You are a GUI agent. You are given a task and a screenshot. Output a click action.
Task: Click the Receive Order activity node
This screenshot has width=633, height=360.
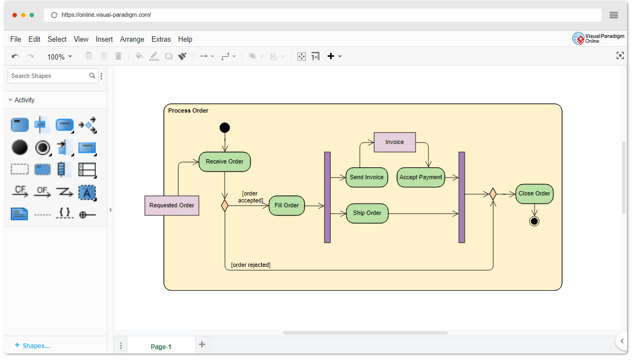tap(225, 162)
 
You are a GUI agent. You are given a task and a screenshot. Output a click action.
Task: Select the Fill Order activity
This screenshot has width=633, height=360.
tap(287, 205)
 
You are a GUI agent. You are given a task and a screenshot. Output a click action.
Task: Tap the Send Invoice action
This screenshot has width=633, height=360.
tap(367, 177)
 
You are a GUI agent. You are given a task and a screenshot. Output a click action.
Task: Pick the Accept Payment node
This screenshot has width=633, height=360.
tap(421, 177)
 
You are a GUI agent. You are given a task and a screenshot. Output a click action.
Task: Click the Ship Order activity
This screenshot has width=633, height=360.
tap(367, 213)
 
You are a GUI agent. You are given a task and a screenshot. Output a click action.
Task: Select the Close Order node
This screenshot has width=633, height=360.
tap(534, 194)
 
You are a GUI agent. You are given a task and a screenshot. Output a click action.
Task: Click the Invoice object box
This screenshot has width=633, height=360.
tap(394, 142)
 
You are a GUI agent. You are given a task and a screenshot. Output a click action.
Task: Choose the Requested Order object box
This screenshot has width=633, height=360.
tap(172, 205)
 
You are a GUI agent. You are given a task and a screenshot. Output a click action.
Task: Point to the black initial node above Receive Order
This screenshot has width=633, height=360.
tap(225, 128)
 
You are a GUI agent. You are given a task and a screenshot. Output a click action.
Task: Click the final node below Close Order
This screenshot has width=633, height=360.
tap(534, 221)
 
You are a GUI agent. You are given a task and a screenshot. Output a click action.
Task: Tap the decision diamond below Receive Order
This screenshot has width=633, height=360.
tap(225, 206)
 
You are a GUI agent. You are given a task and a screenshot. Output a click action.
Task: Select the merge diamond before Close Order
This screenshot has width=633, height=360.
tap(493, 194)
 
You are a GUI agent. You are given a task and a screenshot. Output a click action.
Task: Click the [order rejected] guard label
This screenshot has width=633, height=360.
tap(250, 265)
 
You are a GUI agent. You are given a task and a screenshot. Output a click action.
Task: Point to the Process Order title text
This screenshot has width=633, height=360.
tap(188, 111)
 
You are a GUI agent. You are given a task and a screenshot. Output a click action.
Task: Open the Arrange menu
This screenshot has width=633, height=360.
tap(132, 39)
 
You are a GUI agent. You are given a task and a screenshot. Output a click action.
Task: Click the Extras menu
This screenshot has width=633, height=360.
tap(161, 39)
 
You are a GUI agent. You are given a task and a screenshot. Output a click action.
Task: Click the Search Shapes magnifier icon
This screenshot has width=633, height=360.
tap(92, 76)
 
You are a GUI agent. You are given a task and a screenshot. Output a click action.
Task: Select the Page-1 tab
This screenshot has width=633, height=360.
tap(161, 346)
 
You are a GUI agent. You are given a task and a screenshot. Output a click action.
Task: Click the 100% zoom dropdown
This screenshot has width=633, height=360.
tap(60, 57)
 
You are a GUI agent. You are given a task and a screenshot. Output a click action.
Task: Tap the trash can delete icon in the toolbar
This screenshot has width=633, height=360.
tap(118, 56)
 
